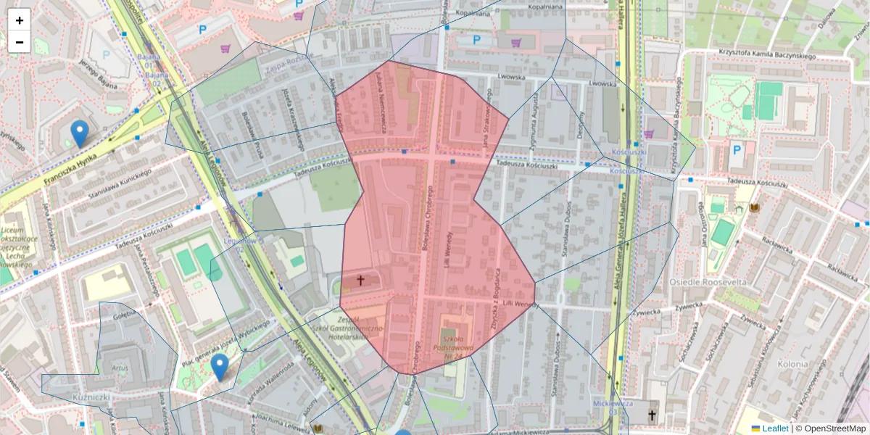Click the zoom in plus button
[x=20, y=20]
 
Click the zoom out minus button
[x=20, y=42]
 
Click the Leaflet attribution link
[x=774, y=428]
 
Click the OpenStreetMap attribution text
[x=830, y=428]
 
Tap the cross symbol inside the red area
[x=360, y=279]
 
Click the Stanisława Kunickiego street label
[x=119, y=184]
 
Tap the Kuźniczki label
[x=91, y=397]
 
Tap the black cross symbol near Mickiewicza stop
[x=651, y=415]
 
